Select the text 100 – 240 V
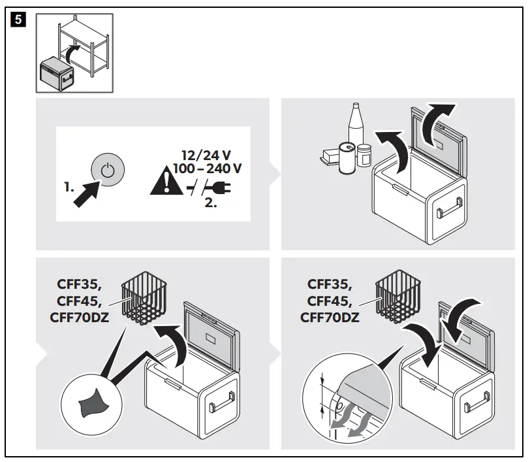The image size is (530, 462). pos(207,169)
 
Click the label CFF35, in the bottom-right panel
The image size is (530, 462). pos(330,284)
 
